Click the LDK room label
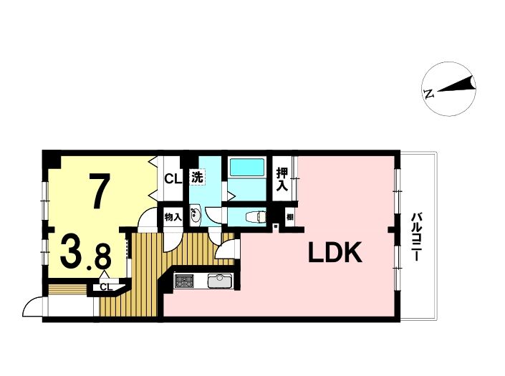(x=335, y=252)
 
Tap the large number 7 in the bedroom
(x=100, y=191)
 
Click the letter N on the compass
(x=429, y=94)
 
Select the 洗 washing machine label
(x=197, y=178)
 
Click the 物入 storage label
(x=173, y=217)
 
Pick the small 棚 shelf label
(x=290, y=217)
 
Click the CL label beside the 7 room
(x=173, y=178)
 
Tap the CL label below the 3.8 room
(x=106, y=286)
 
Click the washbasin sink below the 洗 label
(x=195, y=215)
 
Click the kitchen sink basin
(x=220, y=281)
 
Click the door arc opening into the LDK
(x=223, y=248)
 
